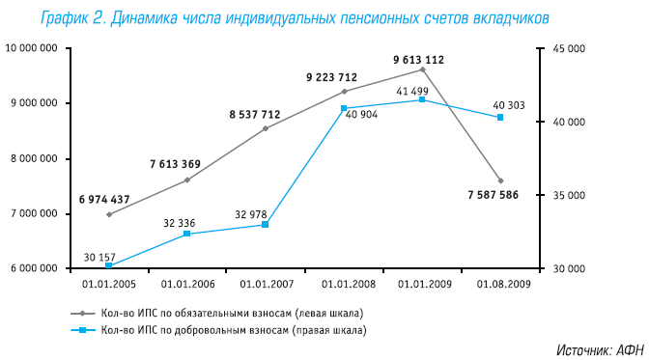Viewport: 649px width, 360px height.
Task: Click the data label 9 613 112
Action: click(418, 60)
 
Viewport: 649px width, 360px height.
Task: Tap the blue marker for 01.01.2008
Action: click(344, 108)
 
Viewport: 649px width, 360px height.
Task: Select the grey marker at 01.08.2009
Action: click(500, 180)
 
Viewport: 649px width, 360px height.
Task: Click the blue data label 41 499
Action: click(412, 91)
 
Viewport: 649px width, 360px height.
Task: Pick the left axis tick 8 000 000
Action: click(32, 158)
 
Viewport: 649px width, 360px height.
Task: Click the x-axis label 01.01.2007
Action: click(265, 285)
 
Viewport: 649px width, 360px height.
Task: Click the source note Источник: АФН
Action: click(600, 349)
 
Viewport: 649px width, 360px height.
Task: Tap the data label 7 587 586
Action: click(493, 195)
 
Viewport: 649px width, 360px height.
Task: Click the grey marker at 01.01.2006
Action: click(187, 180)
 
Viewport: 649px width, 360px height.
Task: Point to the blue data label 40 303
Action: click(509, 105)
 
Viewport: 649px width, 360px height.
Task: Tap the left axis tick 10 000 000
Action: click(30, 48)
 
